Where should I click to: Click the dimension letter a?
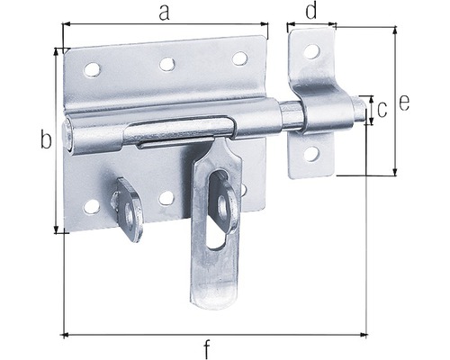[163, 12]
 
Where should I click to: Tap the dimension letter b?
[44, 139]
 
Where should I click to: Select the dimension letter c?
[382, 110]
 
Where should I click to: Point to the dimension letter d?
[310, 12]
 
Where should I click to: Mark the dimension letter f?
[208, 346]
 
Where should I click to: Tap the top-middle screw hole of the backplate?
[166, 64]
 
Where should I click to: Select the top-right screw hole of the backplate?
[239, 58]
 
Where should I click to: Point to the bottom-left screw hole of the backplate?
[91, 207]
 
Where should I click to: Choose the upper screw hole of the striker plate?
[310, 52]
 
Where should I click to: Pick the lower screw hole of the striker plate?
[310, 154]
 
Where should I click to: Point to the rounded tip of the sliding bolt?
[361, 112]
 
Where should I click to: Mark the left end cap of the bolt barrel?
[70, 133]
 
